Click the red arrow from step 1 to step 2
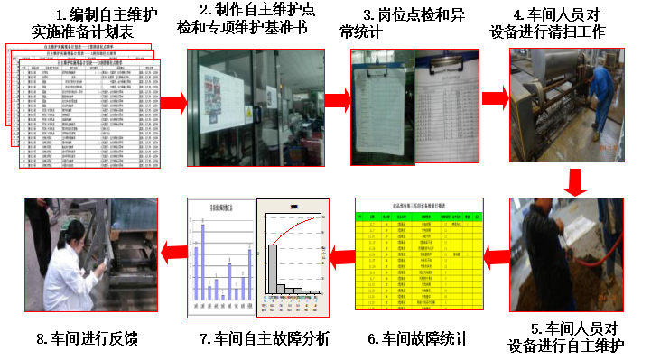(x=172, y=102)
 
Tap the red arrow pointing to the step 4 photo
(x=494, y=98)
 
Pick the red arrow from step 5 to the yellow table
(x=496, y=260)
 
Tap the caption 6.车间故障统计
(x=418, y=338)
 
